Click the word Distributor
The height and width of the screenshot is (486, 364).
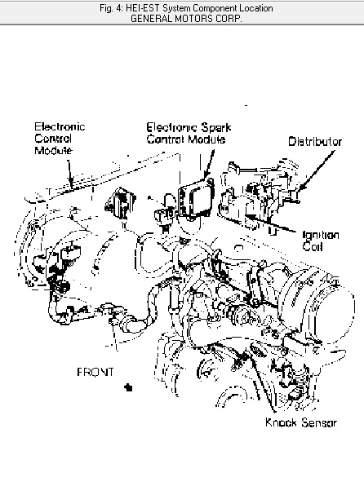[x=315, y=142]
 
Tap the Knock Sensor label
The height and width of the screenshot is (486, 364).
[x=301, y=422]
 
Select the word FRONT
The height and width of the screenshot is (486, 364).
[x=95, y=372]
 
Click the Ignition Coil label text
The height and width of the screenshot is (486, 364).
[x=320, y=241]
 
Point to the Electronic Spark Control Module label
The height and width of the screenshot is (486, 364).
[x=189, y=133]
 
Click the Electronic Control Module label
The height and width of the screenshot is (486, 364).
[x=60, y=139]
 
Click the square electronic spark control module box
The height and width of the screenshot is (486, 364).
[x=196, y=198]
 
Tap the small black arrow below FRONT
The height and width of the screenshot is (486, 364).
[x=128, y=387]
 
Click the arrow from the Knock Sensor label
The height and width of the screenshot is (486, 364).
[x=263, y=382]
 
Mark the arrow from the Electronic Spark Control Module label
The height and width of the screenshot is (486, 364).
[x=209, y=165]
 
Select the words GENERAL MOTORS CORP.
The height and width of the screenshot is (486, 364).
[x=186, y=19]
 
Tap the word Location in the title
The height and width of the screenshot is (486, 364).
[x=256, y=8]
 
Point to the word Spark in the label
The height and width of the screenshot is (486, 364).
[x=216, y=128]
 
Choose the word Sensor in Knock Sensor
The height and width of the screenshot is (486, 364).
[x=319, y=422]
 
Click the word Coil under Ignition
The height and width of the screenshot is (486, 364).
[x=313, y=247]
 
